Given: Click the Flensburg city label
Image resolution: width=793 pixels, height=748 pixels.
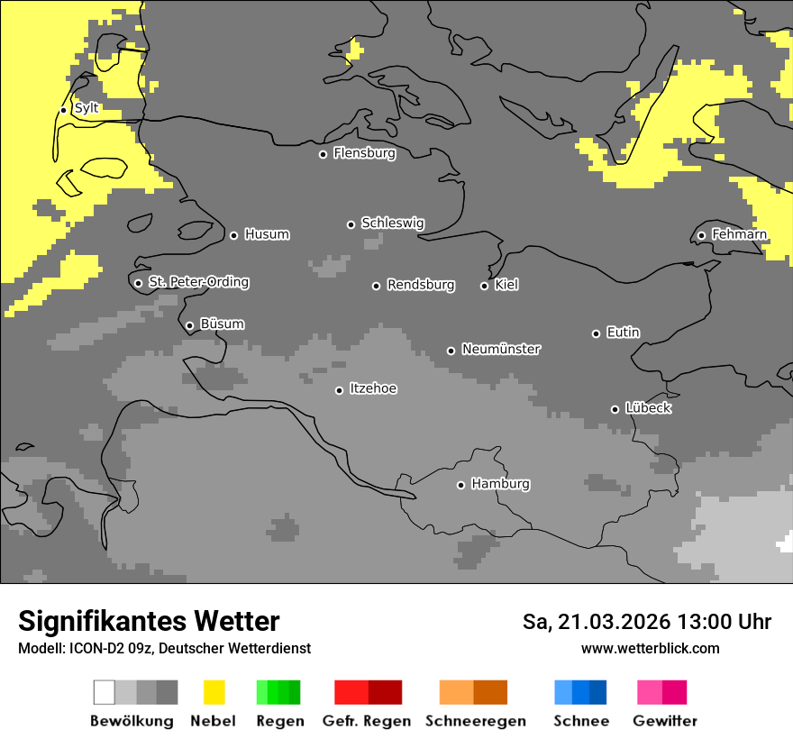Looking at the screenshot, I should tap(364, 153).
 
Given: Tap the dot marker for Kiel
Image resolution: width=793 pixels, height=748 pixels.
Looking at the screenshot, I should tap(484, 286).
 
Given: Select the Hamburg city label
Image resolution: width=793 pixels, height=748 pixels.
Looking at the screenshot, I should tap(500, 484).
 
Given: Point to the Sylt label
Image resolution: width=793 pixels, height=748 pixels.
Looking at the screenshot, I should tap(87, 108).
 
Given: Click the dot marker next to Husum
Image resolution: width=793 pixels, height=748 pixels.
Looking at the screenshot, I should tap(233, 235).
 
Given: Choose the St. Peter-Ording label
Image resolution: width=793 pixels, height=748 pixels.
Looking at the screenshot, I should tap(198, 282).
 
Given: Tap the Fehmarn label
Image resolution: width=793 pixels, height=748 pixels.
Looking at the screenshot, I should tap(739, 234).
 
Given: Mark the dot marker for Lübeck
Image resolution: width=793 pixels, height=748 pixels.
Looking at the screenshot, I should tap(615, 409).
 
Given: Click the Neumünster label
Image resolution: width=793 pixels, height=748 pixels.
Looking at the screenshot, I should tap(501, 349).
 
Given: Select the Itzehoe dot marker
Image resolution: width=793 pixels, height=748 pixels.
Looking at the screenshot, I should tap(339, 390).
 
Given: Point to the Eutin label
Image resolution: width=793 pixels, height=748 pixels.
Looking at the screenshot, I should tap(623, 333).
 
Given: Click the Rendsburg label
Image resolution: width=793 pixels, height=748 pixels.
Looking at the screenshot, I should tap(421, 285).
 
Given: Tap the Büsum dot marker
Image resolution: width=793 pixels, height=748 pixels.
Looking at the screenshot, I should tap(189, 325).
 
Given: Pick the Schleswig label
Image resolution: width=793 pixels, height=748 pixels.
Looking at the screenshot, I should tap(392, 223).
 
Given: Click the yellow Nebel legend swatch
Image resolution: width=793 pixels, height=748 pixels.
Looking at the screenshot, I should tap(214, 692).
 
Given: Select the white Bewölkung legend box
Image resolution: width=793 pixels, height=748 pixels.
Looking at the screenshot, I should tap(105, 692).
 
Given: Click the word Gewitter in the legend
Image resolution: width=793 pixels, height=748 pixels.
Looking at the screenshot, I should tap(664, 721).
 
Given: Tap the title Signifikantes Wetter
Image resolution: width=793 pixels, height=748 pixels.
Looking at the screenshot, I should tap(149, 621).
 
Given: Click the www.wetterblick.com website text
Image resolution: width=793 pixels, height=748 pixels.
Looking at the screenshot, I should tap(650, 648).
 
